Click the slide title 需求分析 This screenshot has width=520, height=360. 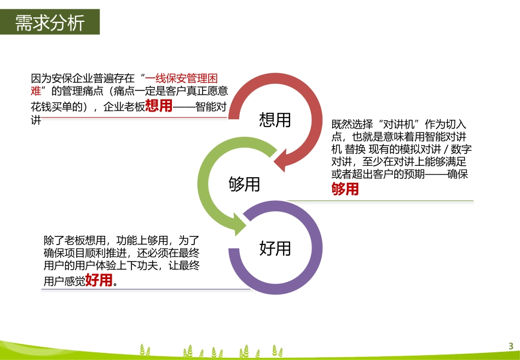point(50,23)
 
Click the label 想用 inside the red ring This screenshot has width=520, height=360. point(275,120)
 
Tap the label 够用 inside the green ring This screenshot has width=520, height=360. point(244,184)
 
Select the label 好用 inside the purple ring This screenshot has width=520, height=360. point(275,249)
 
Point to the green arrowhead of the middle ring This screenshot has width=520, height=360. point(241,223)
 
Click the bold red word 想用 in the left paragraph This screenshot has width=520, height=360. point(158,106)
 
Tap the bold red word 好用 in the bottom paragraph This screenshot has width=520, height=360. point(99,281)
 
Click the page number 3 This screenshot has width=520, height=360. point(510,346)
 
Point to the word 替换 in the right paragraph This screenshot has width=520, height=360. point(356,149)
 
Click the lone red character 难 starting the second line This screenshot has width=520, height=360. point(36,91)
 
